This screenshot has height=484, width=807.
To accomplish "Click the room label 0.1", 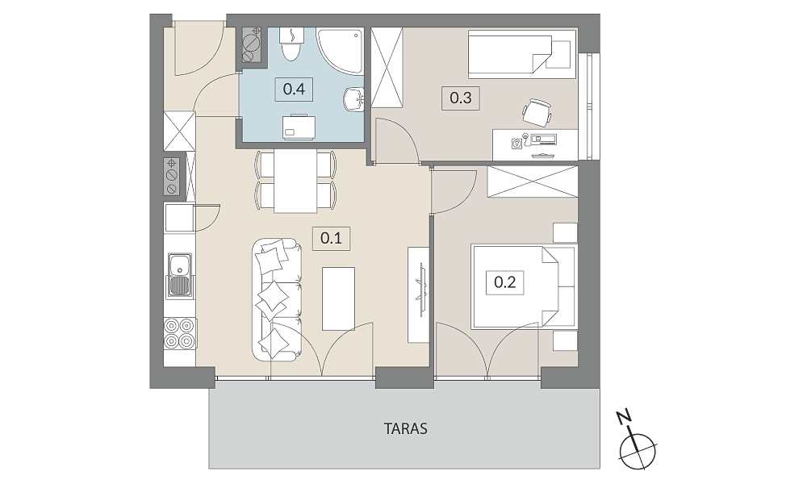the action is pyautogui.click(x=331, y=239).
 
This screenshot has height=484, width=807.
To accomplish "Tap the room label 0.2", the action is pyautogui.click(x=505, y=282).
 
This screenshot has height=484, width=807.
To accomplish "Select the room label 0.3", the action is pyautogui.click(x=461, y=98).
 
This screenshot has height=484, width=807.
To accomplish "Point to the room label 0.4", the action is pyautogui.click(x=294, y=90).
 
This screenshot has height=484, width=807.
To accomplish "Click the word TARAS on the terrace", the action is pyautogui.click(x=406, y=428).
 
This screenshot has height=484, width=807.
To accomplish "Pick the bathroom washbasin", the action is pyautogui.click(x=353, y=98).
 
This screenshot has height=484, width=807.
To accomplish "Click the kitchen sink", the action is pyautogui.click(x=179, y=276).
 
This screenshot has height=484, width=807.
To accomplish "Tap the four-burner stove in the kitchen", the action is pyautogui.click(x=180, y=334).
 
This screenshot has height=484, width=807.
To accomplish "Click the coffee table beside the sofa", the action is pyautogui.click(x=338, y=298).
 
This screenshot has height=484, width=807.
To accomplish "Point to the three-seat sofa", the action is pyautogui.click(x=277, y=298).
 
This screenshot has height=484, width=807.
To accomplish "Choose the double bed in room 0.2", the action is pyautogui.click(x=524, y=286).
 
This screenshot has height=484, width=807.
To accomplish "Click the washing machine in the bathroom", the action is pyautogui.click(x=299, y=127).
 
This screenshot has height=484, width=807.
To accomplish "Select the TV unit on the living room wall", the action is pyautogui.click(x=418, y=294).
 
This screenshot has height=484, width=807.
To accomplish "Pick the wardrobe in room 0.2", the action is pyautogui.click(x=533, y=181).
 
